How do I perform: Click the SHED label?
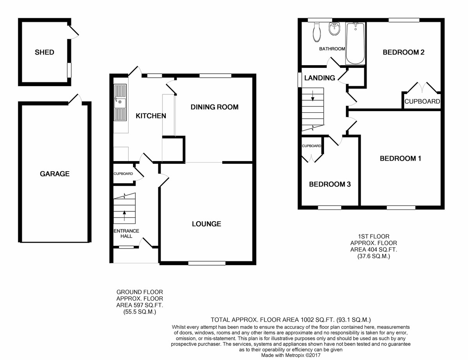coord(44,52)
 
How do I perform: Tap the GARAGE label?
coord(55,174)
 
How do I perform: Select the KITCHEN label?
coord(151,116)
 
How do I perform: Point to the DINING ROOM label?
coord(214,107)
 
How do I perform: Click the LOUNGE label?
coord(207,224)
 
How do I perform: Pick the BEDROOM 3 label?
coord(330,184)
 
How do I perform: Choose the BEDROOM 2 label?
coord(403,52)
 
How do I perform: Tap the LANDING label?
coord(320,78)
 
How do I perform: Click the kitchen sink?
coord(120,102)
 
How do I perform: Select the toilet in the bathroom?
coord(316,32)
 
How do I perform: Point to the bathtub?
coord(355,44)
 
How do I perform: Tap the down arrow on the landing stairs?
coord(312,96)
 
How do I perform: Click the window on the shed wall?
coord(69,70)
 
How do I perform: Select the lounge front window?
coord(207,263)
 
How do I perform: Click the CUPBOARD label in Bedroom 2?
coord(422,101)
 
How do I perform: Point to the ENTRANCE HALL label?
coord(126,234)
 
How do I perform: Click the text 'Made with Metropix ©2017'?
coord(291,355)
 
